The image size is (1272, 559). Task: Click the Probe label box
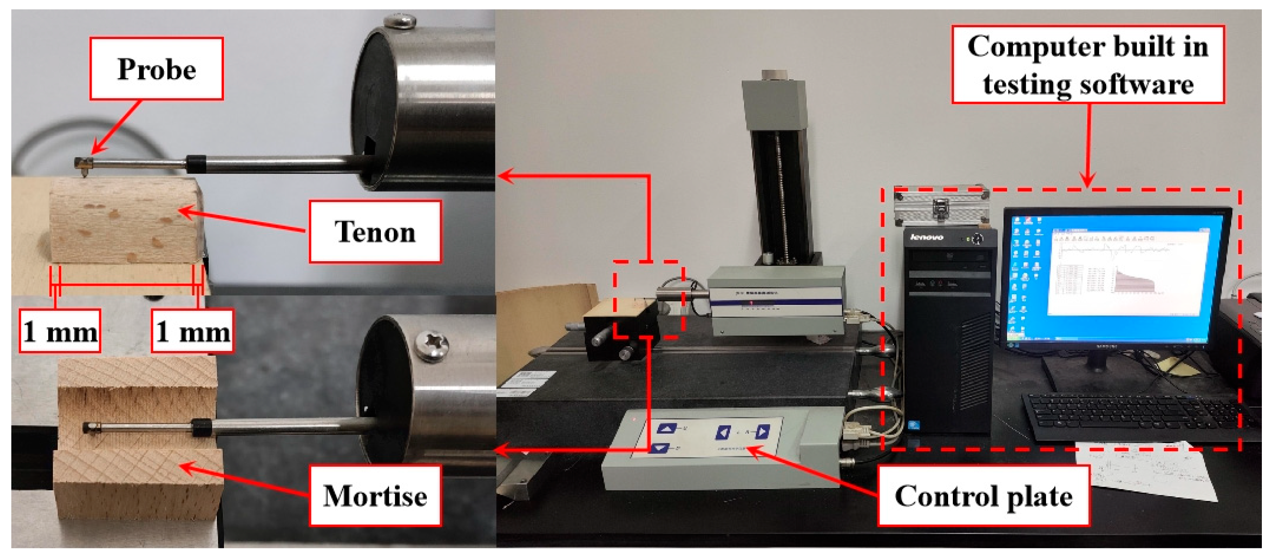pyautogui.click(x=156, y=68)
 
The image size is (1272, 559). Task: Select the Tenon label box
pyautogui.click(x=375, y=231)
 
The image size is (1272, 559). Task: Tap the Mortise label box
pyautogui.click(x=375, y=495)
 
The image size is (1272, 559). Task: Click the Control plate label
pyautogui.click(x=983, y=495)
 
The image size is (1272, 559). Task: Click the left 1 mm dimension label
pyautogui.click(x=60, y=331)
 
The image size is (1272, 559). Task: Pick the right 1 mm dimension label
pyautogui.click(x=193, y=331)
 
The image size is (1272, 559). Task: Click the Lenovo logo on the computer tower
pyautogui.click(x=927, y=237)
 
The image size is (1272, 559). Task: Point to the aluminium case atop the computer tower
pyautogui.click(x=941, y=205)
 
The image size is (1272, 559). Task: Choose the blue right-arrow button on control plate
pyautogui.click(x=762, y=432)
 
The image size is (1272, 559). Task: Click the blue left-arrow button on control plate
pyautogui.click(x=723, y=433)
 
